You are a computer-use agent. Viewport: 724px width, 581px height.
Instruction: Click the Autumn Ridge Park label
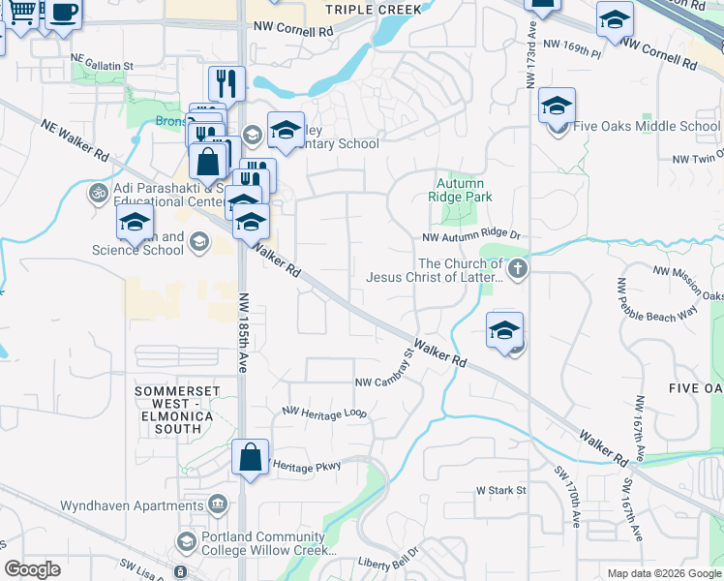click(465, 190)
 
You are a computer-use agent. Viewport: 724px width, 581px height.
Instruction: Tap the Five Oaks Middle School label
click(646, 126)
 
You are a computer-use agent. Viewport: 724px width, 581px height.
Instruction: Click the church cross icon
click(518, 269)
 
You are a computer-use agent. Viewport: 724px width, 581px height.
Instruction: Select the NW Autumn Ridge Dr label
click(471, 235)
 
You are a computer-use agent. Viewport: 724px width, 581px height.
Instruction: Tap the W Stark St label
click(500, 490)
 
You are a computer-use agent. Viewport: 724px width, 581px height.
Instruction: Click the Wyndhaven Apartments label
click(132, 505)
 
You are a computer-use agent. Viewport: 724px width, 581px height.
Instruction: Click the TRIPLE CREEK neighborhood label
click(374, 9)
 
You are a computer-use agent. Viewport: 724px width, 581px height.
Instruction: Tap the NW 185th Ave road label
click(244, 333)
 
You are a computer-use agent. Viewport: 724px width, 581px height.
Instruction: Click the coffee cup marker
click(64, 14)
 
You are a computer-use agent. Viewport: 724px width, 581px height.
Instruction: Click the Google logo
click(32, 569)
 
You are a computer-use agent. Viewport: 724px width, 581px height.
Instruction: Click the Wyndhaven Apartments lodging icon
click(218, 504)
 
